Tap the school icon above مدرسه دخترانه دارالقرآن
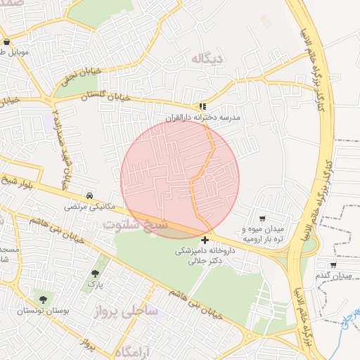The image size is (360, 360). tap(203, 106)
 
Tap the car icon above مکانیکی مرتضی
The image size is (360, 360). tap(89, 195)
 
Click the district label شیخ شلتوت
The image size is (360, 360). tap(136, 225)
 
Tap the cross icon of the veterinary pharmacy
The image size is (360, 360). tap(205, 240)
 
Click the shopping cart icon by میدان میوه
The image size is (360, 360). tap(263, 219)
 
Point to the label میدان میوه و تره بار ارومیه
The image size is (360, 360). tap(262, 234)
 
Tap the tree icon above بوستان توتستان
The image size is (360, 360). tap(43, 300)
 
